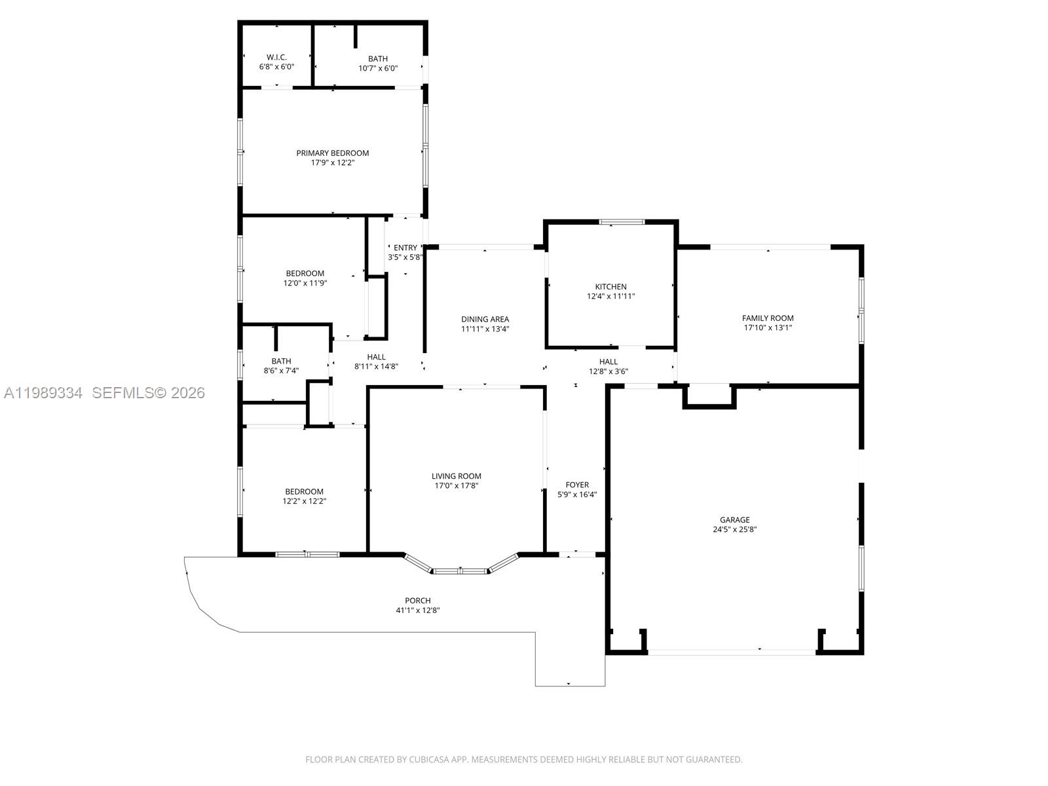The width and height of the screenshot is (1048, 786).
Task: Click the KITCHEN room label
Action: (x=610, y=287)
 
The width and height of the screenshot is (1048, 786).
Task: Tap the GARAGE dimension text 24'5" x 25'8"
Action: (x=735, y=529)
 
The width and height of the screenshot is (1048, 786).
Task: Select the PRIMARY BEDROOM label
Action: (x=332, y=153)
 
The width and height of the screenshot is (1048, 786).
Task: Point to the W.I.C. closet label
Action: (x=276, y=58)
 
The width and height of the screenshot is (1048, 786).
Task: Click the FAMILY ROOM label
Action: (x=768, y=318)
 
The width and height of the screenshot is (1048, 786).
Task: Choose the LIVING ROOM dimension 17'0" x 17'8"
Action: (x=457, y=486)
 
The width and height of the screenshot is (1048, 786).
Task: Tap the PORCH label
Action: (x=418, y=601)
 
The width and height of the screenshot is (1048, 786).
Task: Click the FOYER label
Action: (x=577, y=485)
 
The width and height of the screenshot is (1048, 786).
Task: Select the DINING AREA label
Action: (x=485, y=320)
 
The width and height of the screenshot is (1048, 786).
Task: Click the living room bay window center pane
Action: (x=460, y=571)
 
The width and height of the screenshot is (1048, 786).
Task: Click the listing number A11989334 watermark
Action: (x=43, y=393)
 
